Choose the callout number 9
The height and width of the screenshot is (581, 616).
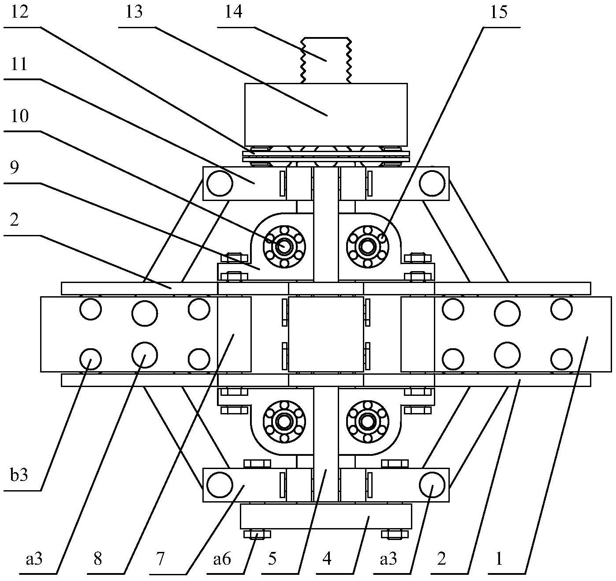tap(14, 168)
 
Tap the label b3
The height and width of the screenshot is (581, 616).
tap(19, 475)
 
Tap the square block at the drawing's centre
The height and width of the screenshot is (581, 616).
tap(326, 334)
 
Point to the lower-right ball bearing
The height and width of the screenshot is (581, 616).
tap(368, 421)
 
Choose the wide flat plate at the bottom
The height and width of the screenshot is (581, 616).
tap(326, 516)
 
